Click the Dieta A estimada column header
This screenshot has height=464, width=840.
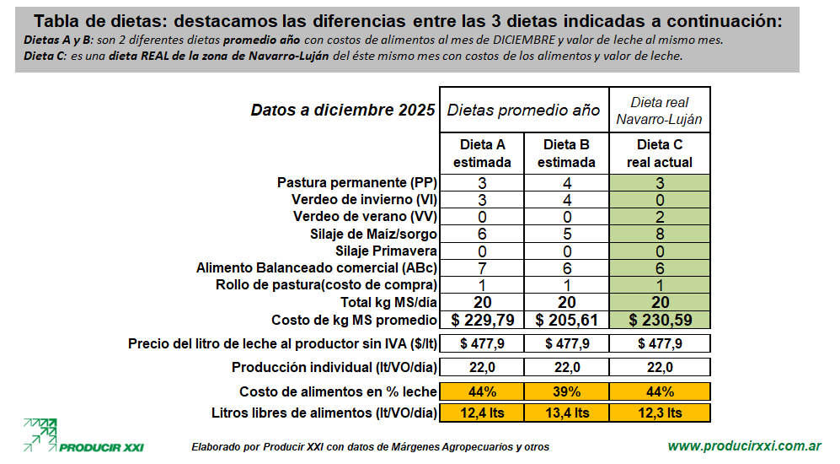tap(482, 154)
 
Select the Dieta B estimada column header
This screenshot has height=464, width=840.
tap(566, 154)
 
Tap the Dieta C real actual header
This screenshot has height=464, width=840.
tap(660, 154)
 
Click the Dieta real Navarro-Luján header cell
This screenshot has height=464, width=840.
tap(660, 111)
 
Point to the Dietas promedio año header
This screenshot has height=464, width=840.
tap(523, 111)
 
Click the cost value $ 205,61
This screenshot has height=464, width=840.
tap(566, 320)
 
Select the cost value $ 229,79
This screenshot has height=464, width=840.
tap(482, 320)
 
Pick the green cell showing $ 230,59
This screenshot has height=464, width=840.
tap(660, 320)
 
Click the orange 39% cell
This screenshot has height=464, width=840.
tap(566, 391)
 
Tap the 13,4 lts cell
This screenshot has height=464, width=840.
tap(566, 413)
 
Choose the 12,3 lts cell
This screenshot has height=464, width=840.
tap(660, 413)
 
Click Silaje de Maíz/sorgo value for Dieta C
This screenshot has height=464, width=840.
tap(660, 234)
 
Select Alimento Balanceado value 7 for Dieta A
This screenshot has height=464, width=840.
tap(482, 267)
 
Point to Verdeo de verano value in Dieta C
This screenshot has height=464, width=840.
tap(660, 217)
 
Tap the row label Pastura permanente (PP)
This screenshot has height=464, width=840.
tap(356, 183)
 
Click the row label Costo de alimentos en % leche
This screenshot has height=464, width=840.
tap(338, 391)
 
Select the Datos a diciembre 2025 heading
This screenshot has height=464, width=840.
tap(343, 111)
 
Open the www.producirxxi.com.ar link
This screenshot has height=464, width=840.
tap(744, 445)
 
